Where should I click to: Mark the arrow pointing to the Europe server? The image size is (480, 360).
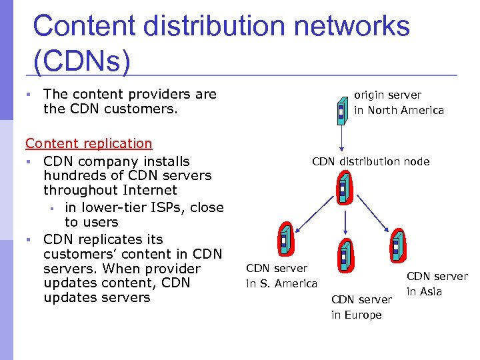coord(343,223)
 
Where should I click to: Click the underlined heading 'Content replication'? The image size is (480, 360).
coord(89,143)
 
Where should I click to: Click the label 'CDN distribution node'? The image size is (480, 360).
coord(371,161)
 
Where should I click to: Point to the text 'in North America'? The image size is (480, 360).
coord(399,111)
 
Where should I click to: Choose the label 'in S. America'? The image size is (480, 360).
coord(281,284)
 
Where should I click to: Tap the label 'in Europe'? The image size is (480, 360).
coord(357,315)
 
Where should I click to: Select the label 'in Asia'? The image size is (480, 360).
coord(425,291)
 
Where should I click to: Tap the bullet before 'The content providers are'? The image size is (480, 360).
coord(31,95)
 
